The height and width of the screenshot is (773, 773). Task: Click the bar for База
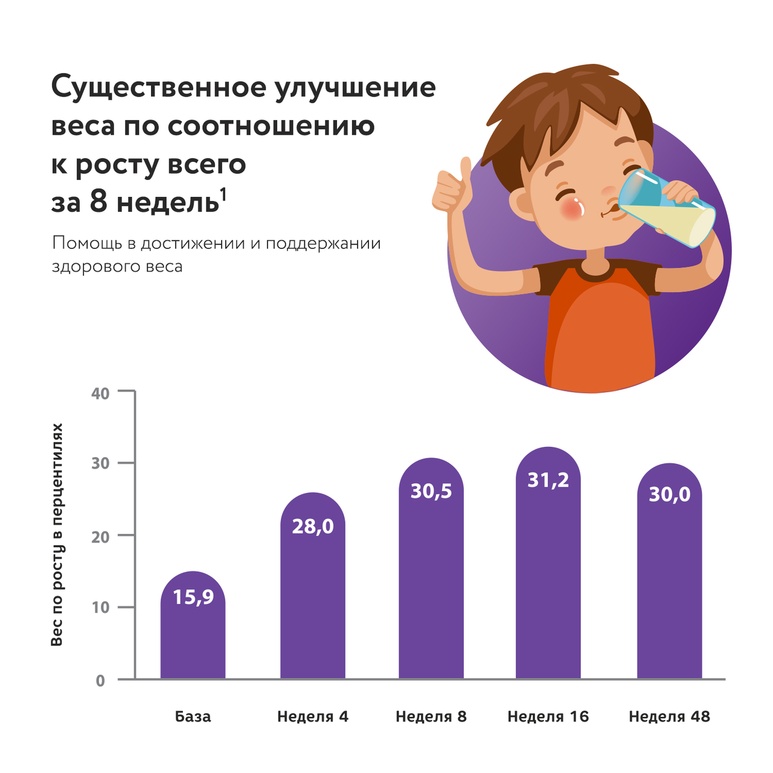tap(193, 634)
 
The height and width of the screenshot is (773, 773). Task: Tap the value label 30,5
tap(431, 491)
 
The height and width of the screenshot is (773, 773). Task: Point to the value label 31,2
tap(548, 480)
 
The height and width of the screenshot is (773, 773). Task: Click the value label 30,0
tap(669, 495)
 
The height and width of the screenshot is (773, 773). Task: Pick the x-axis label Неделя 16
tap(548, 717)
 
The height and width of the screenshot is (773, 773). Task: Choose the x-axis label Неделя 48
tap(669, 717)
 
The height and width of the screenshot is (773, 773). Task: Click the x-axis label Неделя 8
tap(431, 717)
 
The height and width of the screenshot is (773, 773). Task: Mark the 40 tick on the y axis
tap(100, 394)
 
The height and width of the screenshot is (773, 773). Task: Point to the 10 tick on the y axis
tap(100, 608)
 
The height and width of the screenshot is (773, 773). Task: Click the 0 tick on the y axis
tap(100, 681)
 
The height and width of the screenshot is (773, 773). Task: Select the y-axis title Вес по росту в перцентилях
tap(57, 534)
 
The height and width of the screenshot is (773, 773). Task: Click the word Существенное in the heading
tap(159, 88)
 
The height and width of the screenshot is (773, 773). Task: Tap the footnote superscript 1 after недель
tap(223, 194)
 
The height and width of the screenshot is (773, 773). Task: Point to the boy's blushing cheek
tap(570, 209)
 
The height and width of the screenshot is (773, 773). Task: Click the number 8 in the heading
tap(98, 202)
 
